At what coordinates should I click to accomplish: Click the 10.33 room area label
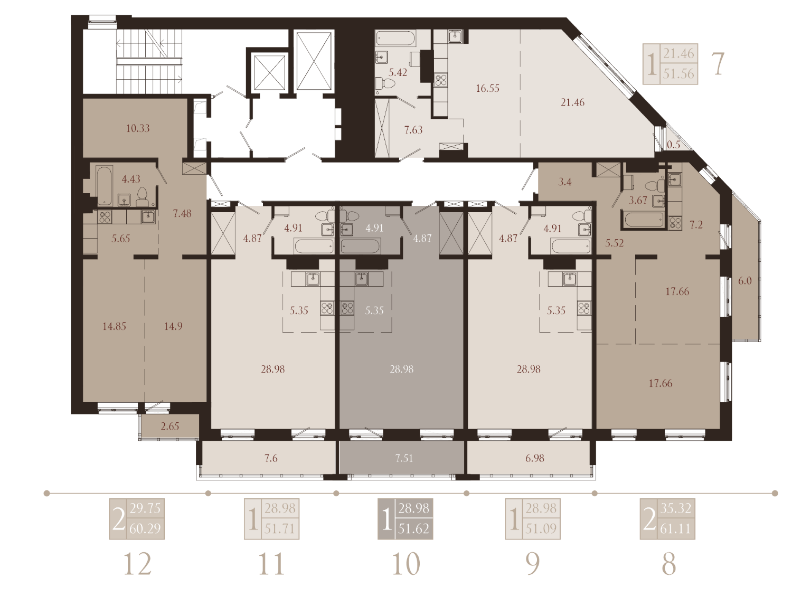138,128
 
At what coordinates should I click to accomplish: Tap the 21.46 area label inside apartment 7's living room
572,102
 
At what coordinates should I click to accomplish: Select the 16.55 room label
487,88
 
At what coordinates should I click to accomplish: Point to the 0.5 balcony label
674,145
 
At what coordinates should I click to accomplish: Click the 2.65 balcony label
170,426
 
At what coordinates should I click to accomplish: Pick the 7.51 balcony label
404,458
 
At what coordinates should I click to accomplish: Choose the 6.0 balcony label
744,280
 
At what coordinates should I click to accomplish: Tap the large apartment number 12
137,564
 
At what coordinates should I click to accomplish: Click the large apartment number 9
533,564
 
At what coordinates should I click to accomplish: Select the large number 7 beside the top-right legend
718,64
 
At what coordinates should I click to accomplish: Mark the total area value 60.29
145,528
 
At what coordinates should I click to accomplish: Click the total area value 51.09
541,528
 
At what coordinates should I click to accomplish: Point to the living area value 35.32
676,508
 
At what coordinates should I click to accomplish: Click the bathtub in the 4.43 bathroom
105,185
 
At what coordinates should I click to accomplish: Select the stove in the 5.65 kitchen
105,217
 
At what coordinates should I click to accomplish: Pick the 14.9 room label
173,326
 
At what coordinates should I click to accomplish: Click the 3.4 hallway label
564,182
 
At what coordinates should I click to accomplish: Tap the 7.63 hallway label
413,130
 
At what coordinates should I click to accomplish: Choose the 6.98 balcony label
535,458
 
